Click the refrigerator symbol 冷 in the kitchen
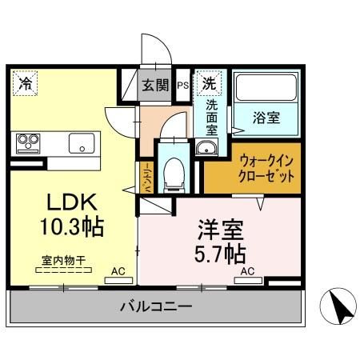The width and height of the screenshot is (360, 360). [26, 82]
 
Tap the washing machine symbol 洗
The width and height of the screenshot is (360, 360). [209, 82]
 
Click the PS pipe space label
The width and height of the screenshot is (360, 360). [183, 86]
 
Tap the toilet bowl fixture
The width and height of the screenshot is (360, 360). [171, 171]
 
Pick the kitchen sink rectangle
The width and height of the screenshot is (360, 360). [82, 144]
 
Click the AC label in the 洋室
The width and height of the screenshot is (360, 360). [247, 271]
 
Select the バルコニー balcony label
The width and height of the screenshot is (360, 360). [156, 306]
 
